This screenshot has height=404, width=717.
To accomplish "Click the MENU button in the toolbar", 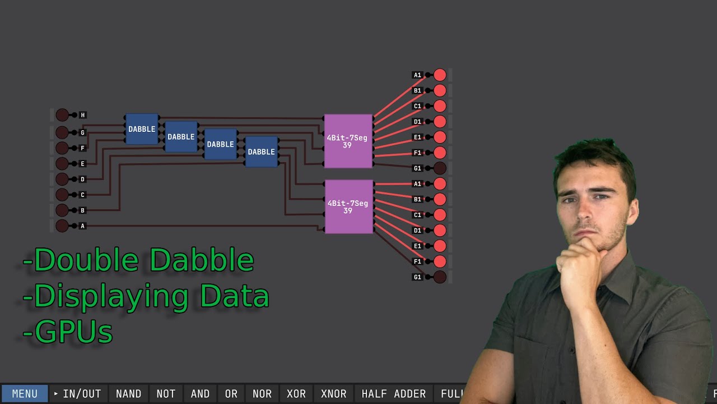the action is (25, 394).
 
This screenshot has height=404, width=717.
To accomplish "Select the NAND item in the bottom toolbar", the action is (128, 394).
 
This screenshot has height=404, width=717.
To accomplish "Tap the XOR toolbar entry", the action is (296, 394).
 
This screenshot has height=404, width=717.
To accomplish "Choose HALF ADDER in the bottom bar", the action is (393, 394).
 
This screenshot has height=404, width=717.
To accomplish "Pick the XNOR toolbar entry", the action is (333, 394).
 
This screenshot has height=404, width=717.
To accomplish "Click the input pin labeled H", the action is (62, 115).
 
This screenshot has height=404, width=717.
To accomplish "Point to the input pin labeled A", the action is (62, 226).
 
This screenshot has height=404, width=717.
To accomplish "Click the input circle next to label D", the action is (62, 179).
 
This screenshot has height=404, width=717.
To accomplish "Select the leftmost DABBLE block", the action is (142, 129).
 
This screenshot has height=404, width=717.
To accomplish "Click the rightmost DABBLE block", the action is (262, 151).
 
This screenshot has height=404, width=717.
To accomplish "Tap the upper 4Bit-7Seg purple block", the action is (348, 141).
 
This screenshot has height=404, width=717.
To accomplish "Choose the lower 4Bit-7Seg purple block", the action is (348, 206).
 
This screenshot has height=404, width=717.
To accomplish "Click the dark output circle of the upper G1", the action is (440, 168).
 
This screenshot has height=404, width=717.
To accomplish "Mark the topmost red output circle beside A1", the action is (440, 75).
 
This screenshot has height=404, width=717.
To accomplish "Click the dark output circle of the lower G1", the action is (440, 277).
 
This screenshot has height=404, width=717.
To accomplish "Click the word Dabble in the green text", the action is (202, 260).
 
